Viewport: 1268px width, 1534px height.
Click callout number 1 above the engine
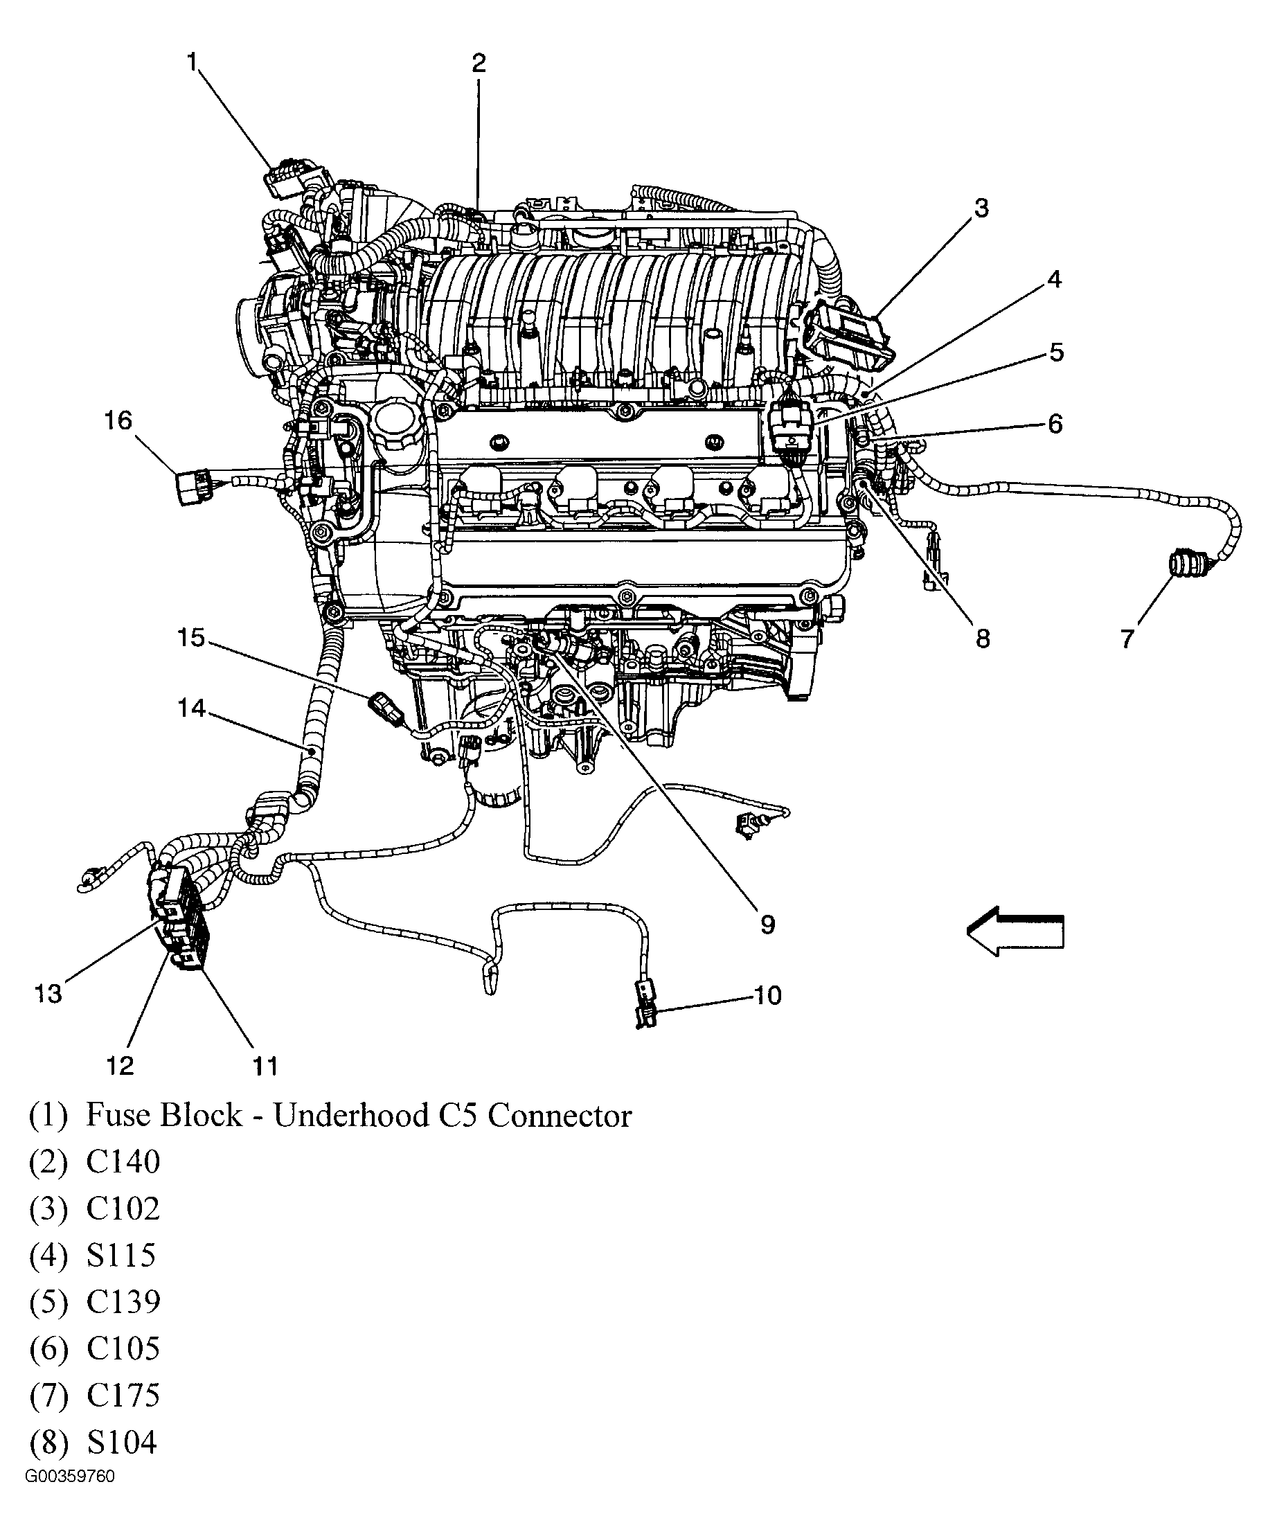point(192,63)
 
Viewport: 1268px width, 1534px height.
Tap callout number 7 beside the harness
point(1127,639)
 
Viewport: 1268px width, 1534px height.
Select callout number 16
point(118,421)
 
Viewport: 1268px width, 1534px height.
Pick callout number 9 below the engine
point(767,925)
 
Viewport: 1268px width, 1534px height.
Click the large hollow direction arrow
point(1015,931)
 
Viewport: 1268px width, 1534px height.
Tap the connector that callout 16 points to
point(192,485)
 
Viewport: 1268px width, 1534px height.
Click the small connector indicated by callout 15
point(385,708)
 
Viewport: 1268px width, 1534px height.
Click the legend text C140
point(123,1161)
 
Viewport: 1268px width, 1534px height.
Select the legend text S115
point(121,1255)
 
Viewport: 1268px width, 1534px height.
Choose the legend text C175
point(123,1395)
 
